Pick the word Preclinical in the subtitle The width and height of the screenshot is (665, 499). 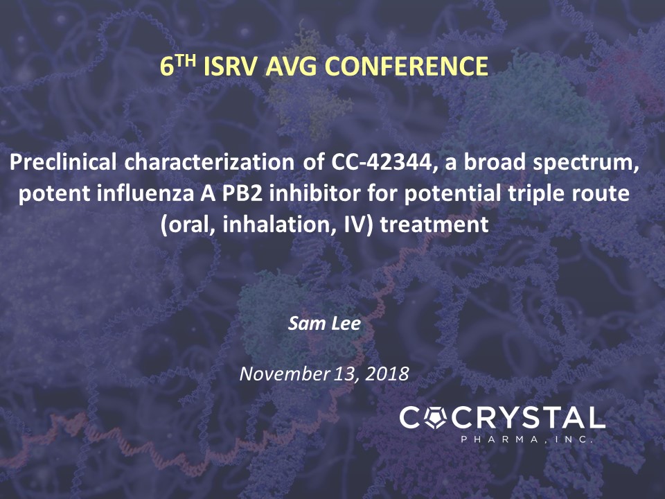pyautogui.click(x=63, y=162)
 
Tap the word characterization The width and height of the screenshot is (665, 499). pyautogui.click(x=209, y=162)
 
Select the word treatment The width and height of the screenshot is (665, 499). pyautogui.click(x=434, y=225)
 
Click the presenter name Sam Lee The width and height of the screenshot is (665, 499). pyautogui.click(x=324, y=324)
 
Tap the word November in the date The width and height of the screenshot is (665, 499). pyautogui.click(x=285, y=374)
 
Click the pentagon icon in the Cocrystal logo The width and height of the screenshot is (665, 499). pyautogui.click(x=436, y=418)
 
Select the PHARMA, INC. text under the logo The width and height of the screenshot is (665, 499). pyautogui.click(x=526, y=439)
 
